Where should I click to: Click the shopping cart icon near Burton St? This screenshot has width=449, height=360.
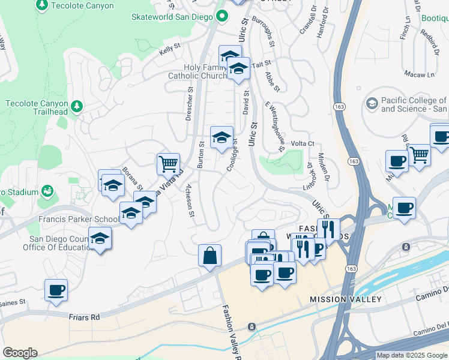(168, 163)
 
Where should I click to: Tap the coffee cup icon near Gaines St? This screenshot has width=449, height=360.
(56, 290)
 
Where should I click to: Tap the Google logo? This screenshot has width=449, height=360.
(20, 352)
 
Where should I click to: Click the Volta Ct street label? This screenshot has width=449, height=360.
(303, 143)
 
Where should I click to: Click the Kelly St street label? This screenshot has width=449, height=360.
(170, 50)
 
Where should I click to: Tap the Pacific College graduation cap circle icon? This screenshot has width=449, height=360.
(372, 104)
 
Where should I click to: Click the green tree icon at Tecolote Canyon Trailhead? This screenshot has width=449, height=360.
(76, 107)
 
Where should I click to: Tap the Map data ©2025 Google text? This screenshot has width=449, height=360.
(412, 355)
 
